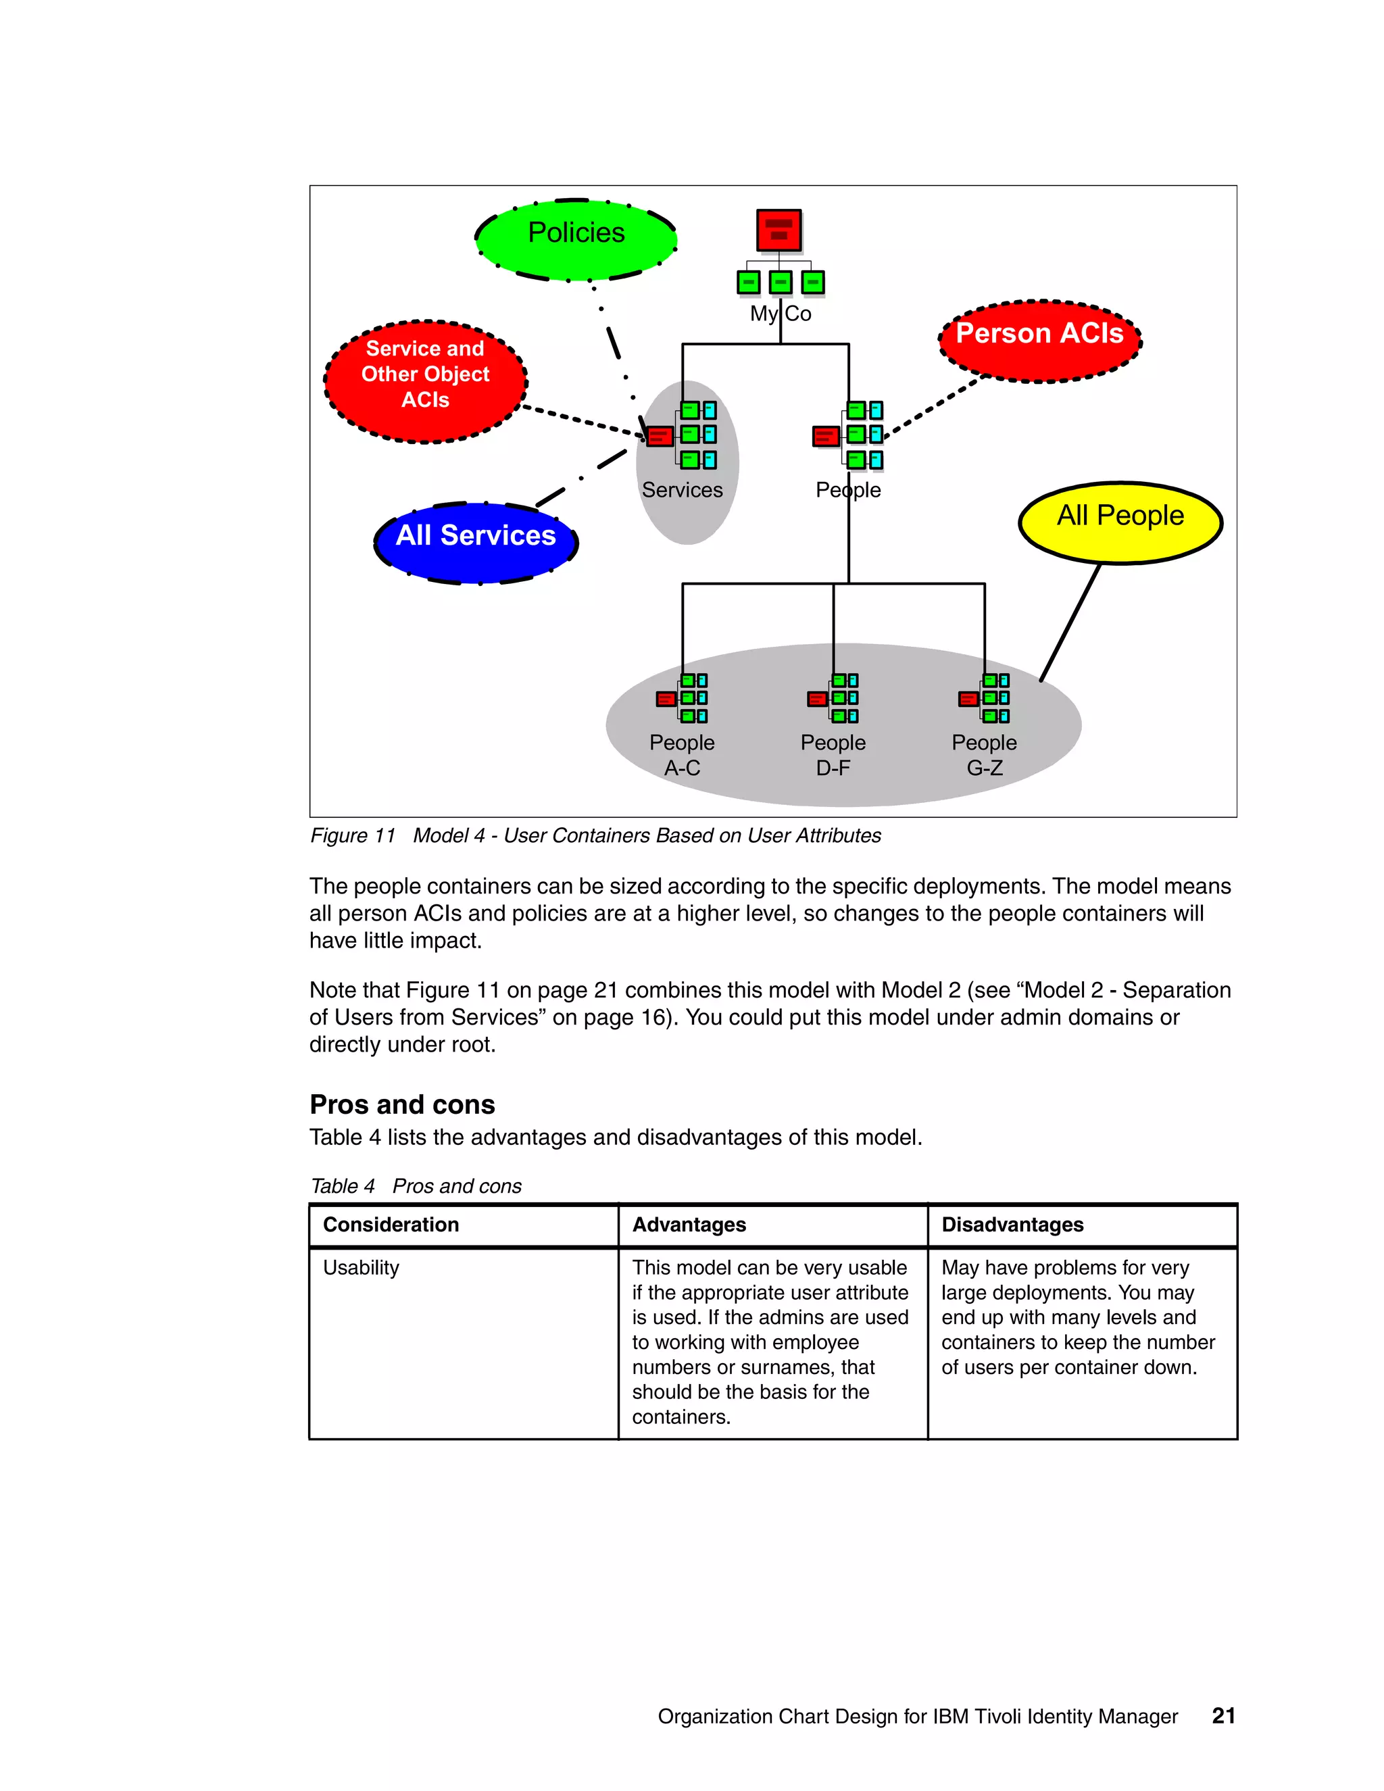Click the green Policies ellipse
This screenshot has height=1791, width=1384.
(576, 239)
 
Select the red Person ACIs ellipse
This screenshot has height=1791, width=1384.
(1039, 341)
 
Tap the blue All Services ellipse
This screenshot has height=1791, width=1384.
(476, 543)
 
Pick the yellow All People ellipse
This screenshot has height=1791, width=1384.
(1120, 523)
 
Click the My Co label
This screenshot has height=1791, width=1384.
(781, 314)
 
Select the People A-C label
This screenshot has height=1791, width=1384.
(682, 754)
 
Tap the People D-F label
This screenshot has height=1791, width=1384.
(833, 754)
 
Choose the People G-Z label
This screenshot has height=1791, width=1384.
(984, 754)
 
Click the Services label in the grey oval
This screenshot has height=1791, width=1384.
(682, 489)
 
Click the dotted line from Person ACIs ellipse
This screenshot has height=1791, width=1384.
(933, 406)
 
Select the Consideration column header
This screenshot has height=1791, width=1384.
(391, 1225)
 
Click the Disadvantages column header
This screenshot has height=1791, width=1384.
(1012, 1225)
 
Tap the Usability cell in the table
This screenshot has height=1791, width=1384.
(361, 1268)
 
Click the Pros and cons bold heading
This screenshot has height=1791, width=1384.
(402, 1104)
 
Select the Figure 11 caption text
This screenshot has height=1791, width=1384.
(595, 835)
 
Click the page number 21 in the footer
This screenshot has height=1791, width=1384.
(1223, 1715)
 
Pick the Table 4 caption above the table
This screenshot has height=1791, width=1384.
(416, 1186)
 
